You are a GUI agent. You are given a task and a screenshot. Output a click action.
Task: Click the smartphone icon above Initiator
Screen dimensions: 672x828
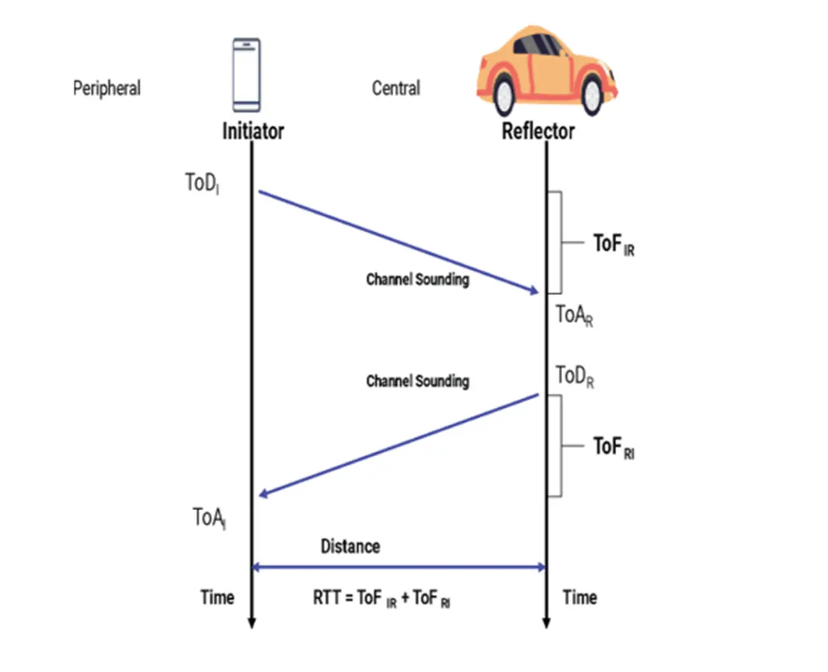[x=246, y=74]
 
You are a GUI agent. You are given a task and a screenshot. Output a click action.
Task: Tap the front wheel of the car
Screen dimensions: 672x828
[x=592, y=95]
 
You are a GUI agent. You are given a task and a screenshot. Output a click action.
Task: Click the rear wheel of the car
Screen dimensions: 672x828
[x=503, y=95]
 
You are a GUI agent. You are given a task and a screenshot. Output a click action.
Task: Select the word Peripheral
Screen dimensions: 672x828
[x=107, y=88]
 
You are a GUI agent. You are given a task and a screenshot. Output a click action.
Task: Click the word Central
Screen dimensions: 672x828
[x=396, y=88]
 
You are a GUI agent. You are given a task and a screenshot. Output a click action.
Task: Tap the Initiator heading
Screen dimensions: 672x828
[x=253, y=131]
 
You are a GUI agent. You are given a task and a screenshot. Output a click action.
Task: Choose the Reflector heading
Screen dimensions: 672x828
[x=538, y=131]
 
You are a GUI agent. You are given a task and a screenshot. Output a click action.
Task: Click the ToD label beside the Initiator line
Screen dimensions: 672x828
[x=201, y=183]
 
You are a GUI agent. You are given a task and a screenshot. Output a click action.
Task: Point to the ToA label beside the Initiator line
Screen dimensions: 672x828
[x=208, y=518]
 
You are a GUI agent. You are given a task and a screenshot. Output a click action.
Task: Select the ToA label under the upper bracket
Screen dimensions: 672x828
[x=574, y=315]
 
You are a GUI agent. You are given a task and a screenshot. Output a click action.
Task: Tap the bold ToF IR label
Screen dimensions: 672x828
[x=613, y=245]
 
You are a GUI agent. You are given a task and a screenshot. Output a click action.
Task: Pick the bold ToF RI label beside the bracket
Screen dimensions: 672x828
[x=613, y=447]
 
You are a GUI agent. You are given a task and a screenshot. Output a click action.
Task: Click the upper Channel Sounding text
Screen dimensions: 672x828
[x=417, y=279]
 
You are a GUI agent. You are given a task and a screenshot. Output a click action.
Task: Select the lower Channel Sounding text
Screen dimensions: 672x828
[x=417, y=381]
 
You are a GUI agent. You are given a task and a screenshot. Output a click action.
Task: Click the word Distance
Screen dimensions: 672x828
[x=350, y=546]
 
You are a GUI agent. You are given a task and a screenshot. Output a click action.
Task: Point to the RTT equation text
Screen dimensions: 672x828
[x=382, y=598]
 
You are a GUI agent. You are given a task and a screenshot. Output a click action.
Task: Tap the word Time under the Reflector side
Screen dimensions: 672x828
[x=580, y=597]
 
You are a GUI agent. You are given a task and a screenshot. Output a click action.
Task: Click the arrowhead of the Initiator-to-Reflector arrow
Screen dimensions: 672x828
[x=534, y=291]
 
